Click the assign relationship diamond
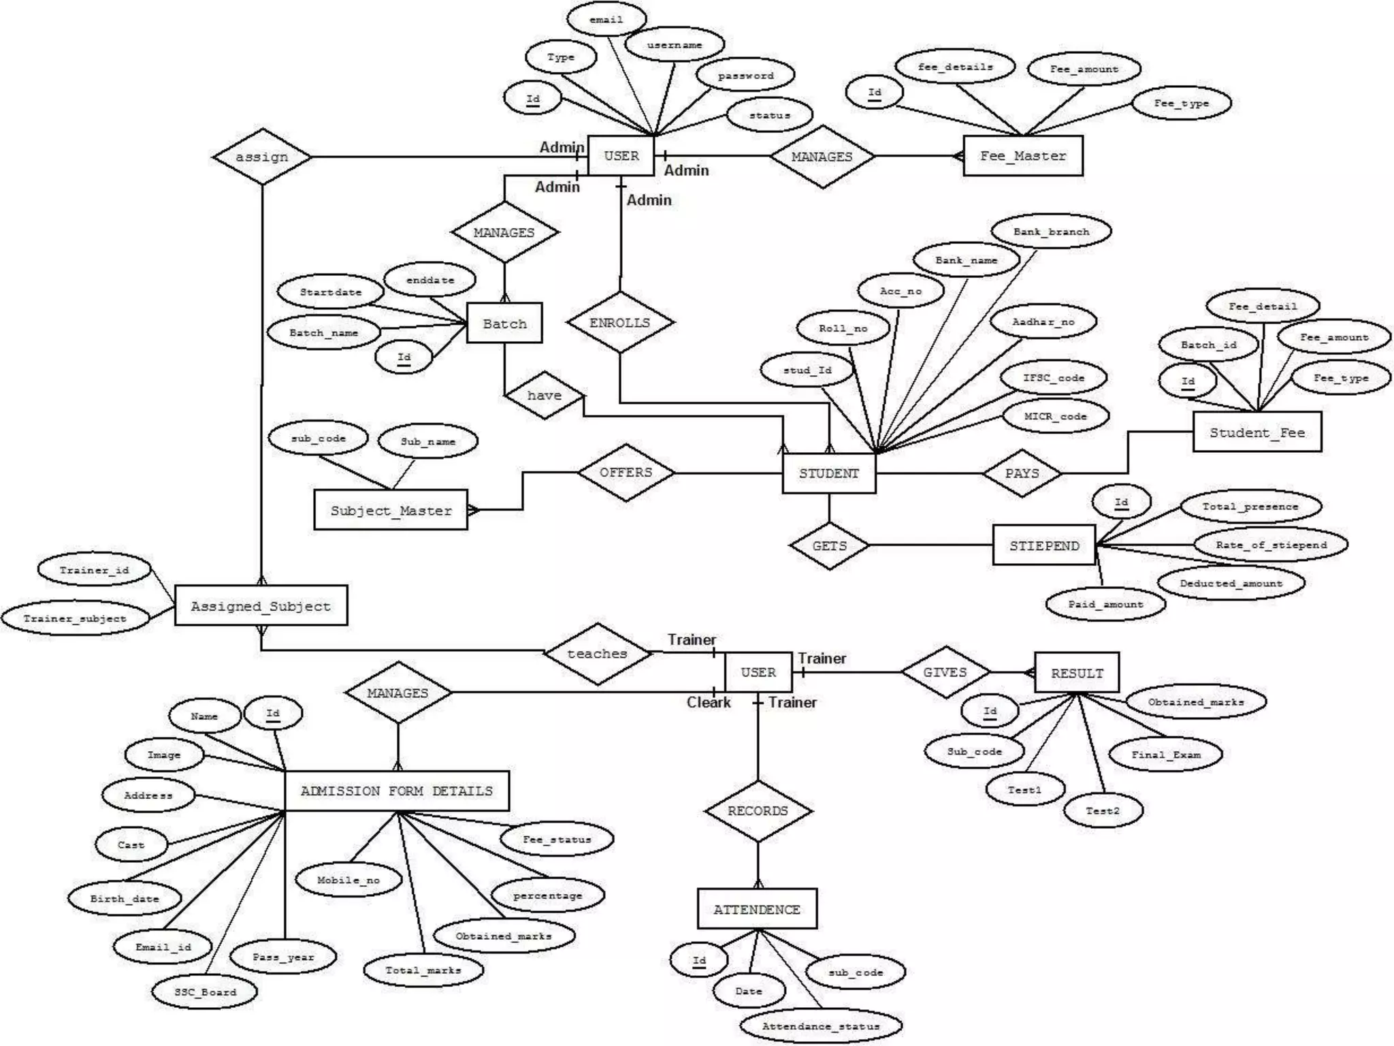[x=262, y=157]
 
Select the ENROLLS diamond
[x=620, y=323]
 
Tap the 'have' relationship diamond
[x=545, y=395]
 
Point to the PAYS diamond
[x=1022, y=473]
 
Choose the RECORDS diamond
[x=758, y=811]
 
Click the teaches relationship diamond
[x=597, y=654]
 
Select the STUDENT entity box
[x=828, y=473]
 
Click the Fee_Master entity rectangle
[x=1022, y=156]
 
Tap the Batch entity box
[x=504, y=323]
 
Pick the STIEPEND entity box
[x=1044, y=545]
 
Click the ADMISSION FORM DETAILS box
[x=397, y=791]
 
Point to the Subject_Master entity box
[x=391, y=510]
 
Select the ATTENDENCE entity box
[x=757, y=909]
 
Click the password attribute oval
[x=746, y=76]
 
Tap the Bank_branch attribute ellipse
[x=1052, y=232]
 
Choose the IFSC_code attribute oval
[x=1054, y=377]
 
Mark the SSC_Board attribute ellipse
[x=206, y=992]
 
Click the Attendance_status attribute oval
[x=821, y=1026]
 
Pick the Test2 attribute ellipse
[x=1103, y=811]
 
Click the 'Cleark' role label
[x=709, y=702]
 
